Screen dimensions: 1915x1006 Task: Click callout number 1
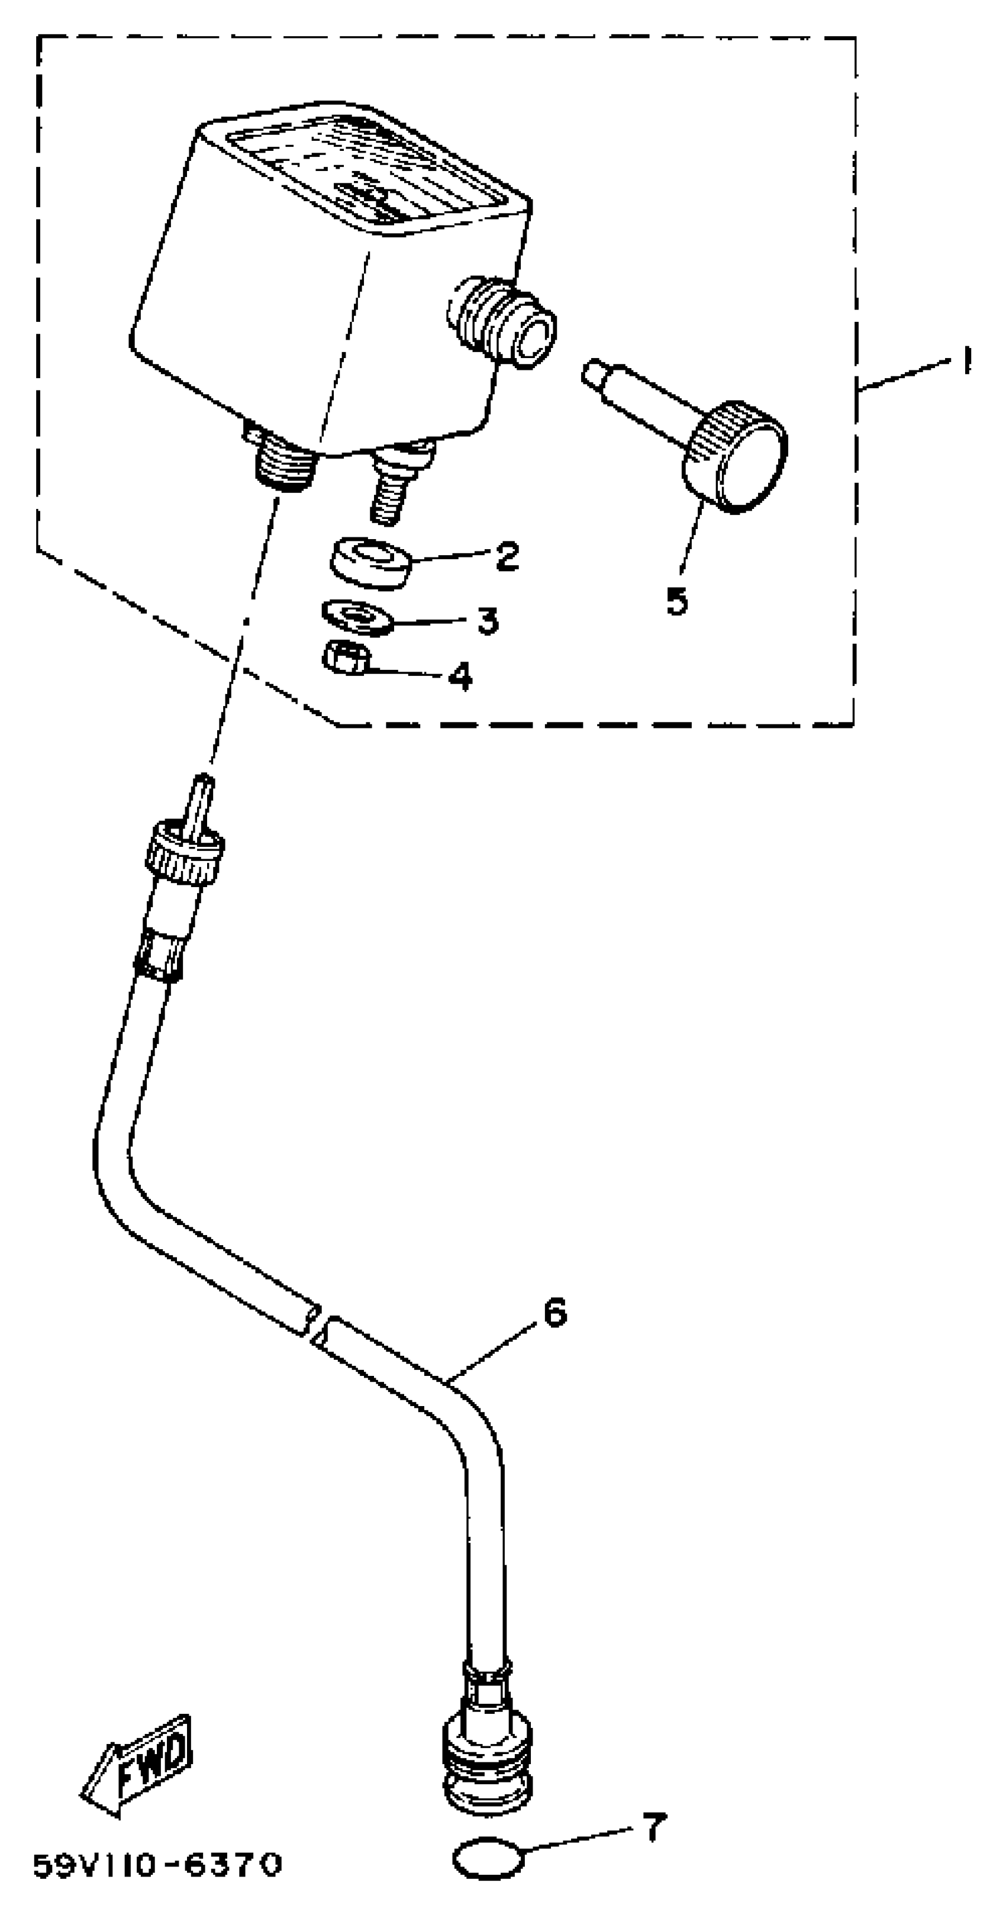point(966,362)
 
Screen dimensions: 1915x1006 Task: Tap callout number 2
point(507,555)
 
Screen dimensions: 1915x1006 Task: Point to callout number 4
point(460,675)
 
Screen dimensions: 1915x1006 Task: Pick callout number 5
point(676,600)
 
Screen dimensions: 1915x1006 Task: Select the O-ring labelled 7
point(488,1859)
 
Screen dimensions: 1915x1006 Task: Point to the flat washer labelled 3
point(359,617)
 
